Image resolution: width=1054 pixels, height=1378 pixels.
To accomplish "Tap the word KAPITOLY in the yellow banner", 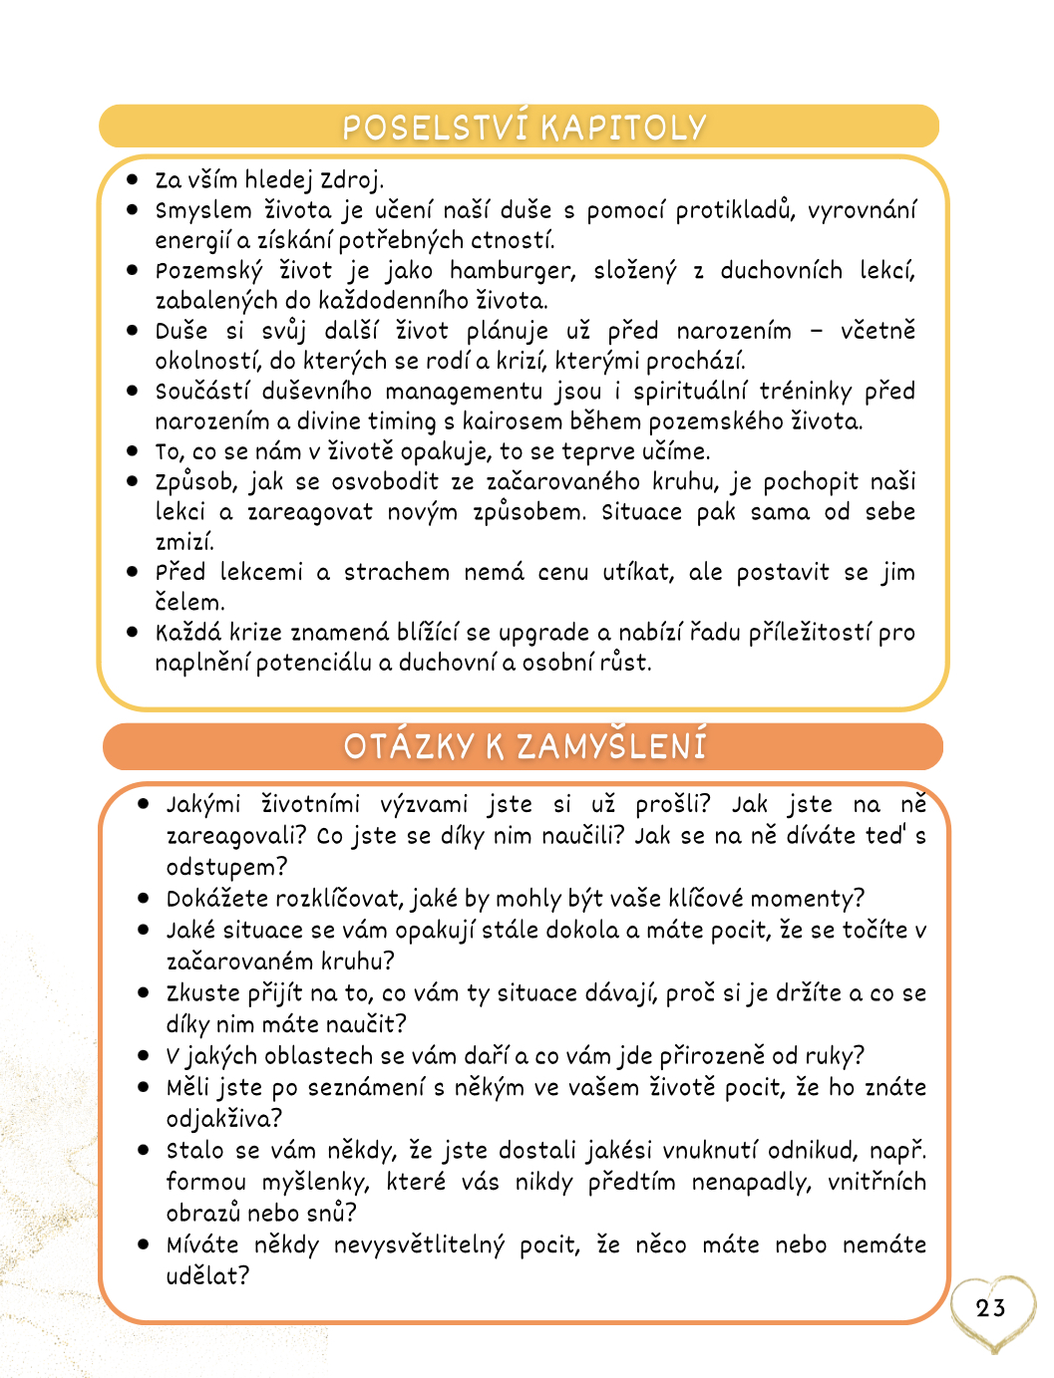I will [623, 128].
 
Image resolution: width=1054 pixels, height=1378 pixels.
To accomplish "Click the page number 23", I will [990, 1308].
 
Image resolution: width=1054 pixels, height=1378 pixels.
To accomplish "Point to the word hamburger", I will [513, 271].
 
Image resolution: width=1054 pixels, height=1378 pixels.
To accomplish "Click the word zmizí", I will [183, 543].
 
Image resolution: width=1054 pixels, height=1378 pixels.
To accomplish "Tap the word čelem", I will [188, 603].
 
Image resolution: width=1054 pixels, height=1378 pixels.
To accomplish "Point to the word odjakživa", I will [218, 1119].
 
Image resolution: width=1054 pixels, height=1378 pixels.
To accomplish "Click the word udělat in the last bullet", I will [201, 1276].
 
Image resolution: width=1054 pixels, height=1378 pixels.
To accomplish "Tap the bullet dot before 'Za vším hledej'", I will [133, 179].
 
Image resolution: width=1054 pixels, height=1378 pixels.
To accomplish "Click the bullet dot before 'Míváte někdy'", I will [144, 1244].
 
